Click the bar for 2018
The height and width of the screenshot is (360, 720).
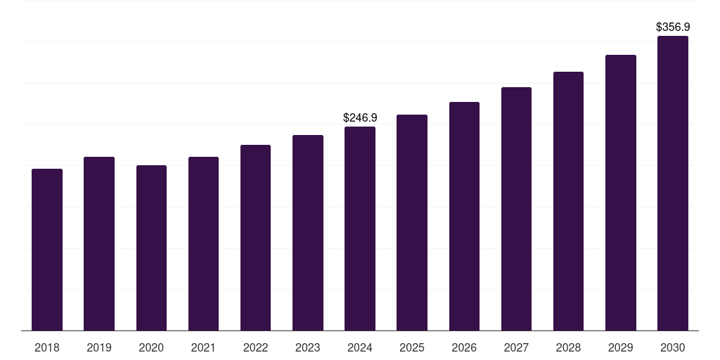[x=47, y=250]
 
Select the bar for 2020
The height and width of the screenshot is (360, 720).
[x=151, y=247]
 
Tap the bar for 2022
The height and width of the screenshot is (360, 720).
[x=255, y=238]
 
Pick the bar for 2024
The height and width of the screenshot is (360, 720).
[x=360, y=229]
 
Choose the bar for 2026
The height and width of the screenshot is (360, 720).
[x=464, y=216]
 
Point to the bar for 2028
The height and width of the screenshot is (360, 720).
[x=568, y=201]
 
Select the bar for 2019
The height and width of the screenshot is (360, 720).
[x=99, y=243]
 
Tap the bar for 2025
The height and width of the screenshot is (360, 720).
[x=412, y=222]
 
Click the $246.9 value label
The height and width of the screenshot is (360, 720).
[x=360, y=117]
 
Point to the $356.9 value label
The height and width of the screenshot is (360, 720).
[x=673, y=27]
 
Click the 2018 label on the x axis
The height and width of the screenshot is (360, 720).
[x=47, y=347]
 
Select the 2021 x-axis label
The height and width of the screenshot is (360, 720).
[x=203, y=347]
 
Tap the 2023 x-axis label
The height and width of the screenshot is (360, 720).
[x=308, y=347]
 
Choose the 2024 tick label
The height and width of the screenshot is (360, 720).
[x=360, y=347]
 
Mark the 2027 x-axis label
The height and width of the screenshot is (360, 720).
[x=516, y=347]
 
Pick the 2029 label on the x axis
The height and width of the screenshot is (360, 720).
[x=621, y=347]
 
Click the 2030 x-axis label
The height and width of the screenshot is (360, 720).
[x=673, y=347]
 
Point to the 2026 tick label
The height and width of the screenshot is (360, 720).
[x=464, y=347]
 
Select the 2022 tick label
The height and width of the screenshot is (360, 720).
[x=255, y=347]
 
